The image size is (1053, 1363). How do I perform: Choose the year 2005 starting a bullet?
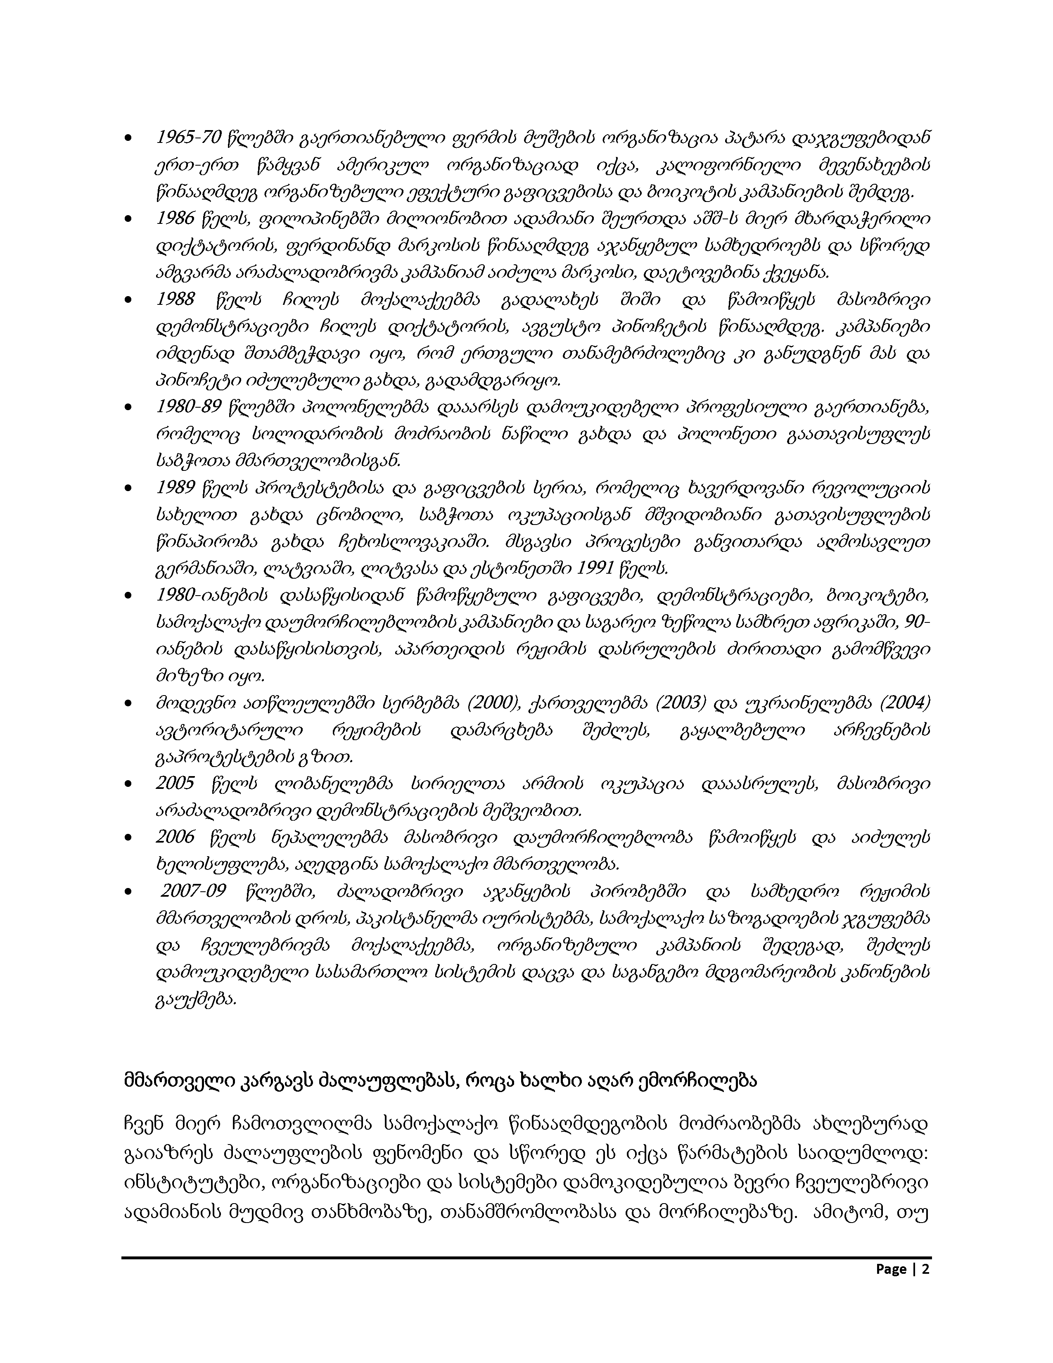click(x=175, y=783)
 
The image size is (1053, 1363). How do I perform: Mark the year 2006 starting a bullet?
click(x=175, y=837)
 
